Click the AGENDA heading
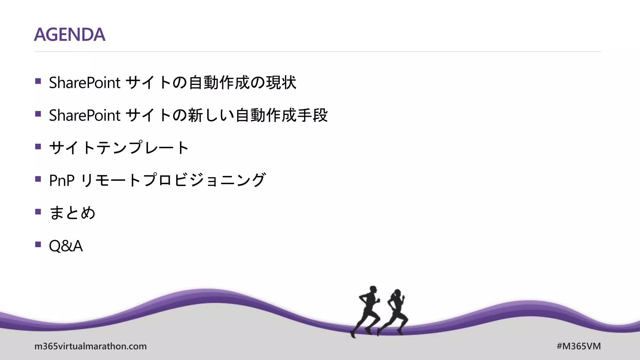(69, 34)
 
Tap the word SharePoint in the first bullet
(84, 83)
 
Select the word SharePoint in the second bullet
(84, 115)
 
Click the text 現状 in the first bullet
(281, 83)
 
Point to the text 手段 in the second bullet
(312, 115)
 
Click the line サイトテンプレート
(119, 148)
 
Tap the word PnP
(62, 181)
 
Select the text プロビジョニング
(204, 180)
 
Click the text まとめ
(72, 213)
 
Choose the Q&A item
(66, 246)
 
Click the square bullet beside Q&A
(38, 244)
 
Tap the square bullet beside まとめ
(38, 212)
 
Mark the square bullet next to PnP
(38, 179)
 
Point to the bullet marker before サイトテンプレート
(38, 147)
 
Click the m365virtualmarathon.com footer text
(90, 346)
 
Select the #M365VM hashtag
(578, 346)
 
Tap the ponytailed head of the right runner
(397, 293)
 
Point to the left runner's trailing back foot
(353, 334)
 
